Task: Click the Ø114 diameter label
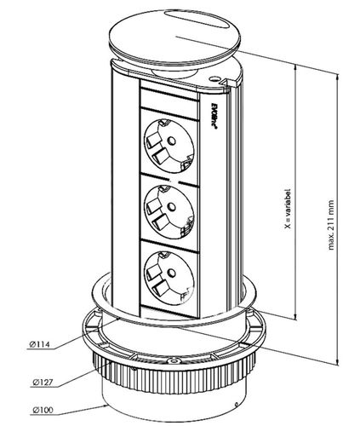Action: tap(39, 345)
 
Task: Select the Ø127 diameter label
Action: tap(43, 383)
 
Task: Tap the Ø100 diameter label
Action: tap(43, 418)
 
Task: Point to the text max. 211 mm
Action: tap(331, 225)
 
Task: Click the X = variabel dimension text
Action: tap(289, 209)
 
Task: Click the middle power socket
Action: tap(169, 211)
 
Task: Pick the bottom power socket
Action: tap(169, 277)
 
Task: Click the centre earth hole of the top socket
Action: tap(171, 141)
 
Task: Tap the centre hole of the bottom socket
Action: tap(171, 273)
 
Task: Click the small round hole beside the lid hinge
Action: tap(214, 78)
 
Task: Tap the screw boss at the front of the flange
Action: tap(173, 361)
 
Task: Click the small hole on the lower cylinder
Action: tap(236, 405)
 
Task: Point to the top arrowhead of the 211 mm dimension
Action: tap(338, 78)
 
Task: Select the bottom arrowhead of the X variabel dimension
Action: tap(296, 316)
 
